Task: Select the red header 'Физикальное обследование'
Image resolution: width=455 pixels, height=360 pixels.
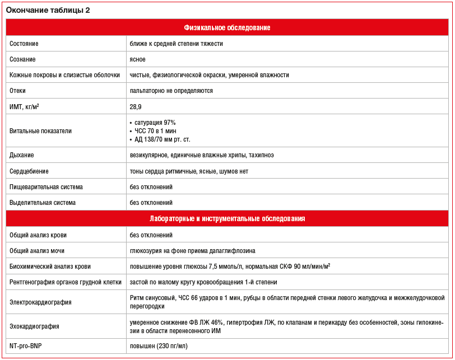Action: (227, 27)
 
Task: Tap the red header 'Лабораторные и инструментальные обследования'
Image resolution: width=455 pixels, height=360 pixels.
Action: (227, 218)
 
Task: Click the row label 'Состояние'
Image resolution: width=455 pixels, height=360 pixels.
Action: (24, 44)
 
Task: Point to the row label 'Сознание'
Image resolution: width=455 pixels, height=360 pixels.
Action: (23, 59)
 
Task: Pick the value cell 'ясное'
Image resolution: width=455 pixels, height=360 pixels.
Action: (138, 59)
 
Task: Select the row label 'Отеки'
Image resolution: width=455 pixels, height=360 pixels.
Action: (18, 91)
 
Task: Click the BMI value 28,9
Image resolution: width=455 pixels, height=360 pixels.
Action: (136, 106)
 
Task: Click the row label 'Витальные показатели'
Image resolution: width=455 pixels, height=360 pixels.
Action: (40, 131)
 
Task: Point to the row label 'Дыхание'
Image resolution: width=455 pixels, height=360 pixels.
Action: (22, 155)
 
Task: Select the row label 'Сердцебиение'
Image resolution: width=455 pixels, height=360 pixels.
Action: (29, 171)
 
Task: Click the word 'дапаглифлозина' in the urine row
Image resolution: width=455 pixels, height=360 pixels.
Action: (234, 251)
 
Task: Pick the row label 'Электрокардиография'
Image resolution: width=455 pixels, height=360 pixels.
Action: (40, 302)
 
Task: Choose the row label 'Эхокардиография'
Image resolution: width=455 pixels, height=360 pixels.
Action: (34, 326)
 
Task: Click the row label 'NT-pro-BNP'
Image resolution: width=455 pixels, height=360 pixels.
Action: (26, 347)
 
